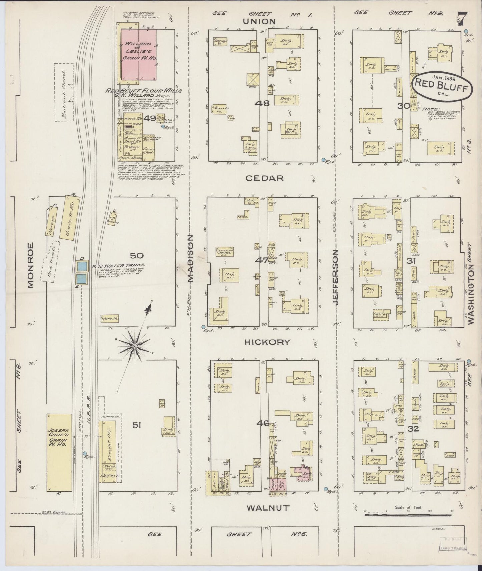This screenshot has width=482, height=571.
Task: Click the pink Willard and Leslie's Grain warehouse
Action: (x=138, y=53)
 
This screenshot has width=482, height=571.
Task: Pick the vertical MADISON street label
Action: (x=190, y=258)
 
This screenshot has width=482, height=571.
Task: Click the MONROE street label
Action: (x=31, y=265)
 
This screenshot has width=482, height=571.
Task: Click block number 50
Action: (x=137, y=256)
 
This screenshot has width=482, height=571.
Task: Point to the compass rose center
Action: (x=134, y=346)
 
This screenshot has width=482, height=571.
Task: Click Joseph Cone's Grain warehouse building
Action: (x=59, y=452)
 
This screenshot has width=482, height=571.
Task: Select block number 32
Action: (x=413, y=429)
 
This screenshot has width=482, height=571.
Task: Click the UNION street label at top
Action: (x=264, y=21)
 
